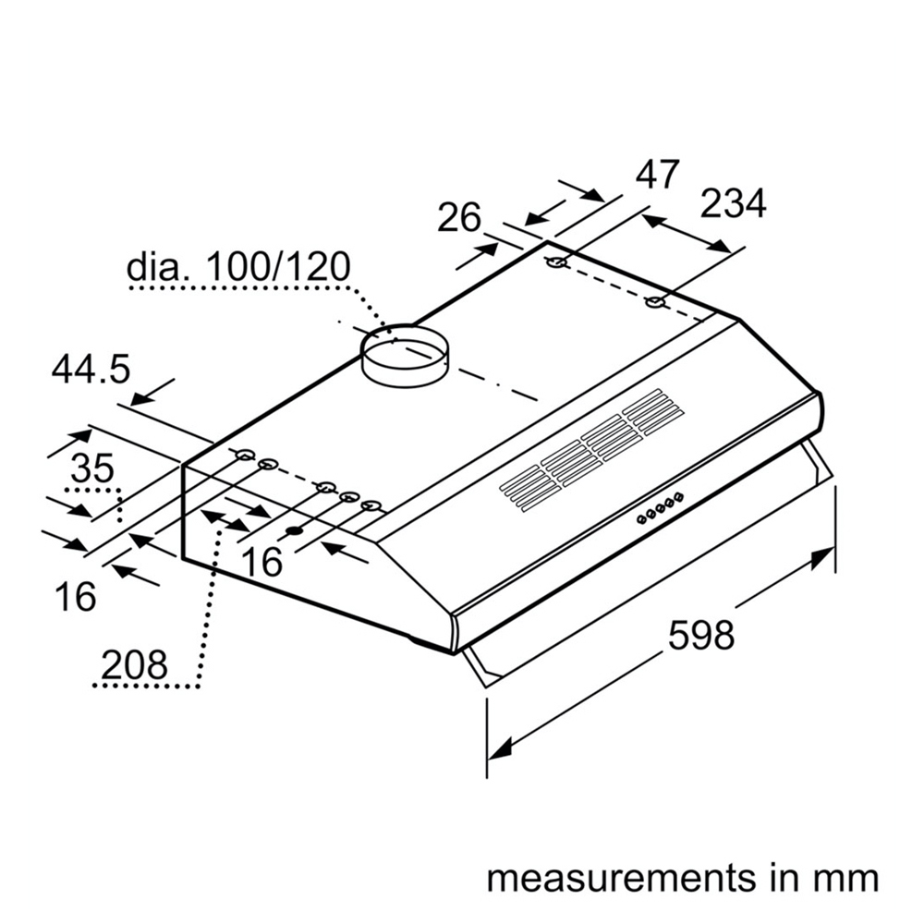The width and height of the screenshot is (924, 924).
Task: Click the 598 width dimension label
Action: click(x=700, y=635)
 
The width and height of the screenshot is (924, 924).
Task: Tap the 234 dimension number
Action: click(x=733, y=204)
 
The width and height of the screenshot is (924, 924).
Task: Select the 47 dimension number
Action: click(x=658, y=175)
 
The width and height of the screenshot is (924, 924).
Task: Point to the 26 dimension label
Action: click(x=459, y=218)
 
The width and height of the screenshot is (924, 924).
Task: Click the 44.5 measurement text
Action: click(x=91, y=371)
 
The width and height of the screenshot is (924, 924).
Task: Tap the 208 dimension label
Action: click(x=135, y=664)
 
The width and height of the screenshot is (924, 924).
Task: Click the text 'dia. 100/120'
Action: click(x=239, y=267)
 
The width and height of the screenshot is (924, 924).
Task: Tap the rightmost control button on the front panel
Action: click(x=679, y=498)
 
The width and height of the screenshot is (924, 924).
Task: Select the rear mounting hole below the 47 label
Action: click(x=557, y=264)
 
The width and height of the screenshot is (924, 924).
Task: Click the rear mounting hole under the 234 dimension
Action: click(x=655, y=303)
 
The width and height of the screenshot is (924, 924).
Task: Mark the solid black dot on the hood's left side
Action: click(x=295, y=530)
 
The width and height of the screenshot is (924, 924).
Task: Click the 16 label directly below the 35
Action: click(x=75, y=597)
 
